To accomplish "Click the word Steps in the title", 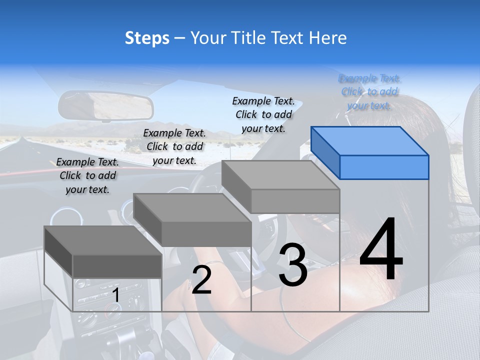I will pyautogui.click(x=147, y=38).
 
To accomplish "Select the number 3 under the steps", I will pyautogui.click(x=293, y=265).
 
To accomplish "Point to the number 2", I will pyautogui.click(x=201, y=280).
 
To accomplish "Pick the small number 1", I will pyautogui.click(x=116, y=295).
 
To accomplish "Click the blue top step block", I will pyautogui.click(x=370, y=153).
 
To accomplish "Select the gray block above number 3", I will pyautogui.click(x=281, y=187).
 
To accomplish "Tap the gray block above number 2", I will pyautogui.click(x=193, y=220).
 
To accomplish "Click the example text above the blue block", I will pyautogui.click(x=369, y=92).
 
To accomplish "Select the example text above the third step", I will pyautogui.click(x=263, y=114).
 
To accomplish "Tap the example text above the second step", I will pyautogui.click(x=174, y=146).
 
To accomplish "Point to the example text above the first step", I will pyautogui.click(x=87, y=175).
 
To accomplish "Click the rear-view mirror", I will pyautogui.click(x=105, y=105).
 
